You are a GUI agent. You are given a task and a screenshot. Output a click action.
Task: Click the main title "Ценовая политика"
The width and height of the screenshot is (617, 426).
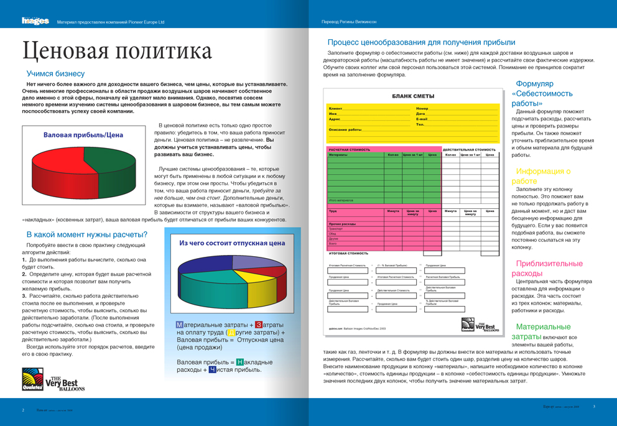tap(117, 51)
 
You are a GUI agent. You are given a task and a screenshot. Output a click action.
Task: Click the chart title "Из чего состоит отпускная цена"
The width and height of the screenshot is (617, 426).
tap(232, 243)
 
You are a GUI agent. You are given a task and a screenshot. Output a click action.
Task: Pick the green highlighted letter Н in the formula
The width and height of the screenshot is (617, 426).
tap(240, 362)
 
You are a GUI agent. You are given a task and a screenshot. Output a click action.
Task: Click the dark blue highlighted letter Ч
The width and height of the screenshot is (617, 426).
tap(213, 369)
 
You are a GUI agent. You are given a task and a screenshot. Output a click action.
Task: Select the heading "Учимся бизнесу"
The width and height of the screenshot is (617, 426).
tap(55, 73)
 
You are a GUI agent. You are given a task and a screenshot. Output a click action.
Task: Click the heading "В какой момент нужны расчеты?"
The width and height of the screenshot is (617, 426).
tap(87, 234)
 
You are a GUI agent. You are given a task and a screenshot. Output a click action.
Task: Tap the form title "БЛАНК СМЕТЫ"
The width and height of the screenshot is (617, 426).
tap(413, 96)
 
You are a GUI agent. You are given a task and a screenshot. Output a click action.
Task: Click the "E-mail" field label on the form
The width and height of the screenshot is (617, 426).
tap(422, 119)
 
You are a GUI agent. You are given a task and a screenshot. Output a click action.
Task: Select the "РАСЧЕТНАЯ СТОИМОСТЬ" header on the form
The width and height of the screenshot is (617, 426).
tap(349, 149)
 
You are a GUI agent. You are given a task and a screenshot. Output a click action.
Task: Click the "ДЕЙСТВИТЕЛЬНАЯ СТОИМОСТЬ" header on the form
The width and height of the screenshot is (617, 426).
tap(469, 149)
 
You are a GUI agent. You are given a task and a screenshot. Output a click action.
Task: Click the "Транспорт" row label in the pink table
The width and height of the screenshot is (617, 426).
tap(336, 229)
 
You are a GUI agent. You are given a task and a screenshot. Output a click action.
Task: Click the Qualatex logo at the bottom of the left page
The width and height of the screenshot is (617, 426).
tap(32, 379)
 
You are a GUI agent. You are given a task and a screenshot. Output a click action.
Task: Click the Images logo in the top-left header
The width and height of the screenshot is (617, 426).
tap(35, 21)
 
